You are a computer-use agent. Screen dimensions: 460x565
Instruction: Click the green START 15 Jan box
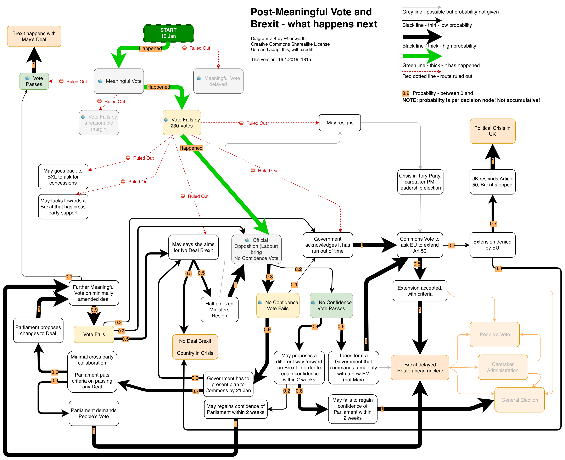(x=168, y=33)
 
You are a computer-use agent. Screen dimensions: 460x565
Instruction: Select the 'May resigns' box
(x=340, y=123)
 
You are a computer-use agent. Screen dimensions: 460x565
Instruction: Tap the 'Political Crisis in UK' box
(x=492, y=131)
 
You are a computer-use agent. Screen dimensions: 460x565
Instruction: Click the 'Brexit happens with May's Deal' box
(x=34, y=36)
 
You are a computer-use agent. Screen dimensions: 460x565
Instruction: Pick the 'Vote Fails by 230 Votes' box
(x=182, y=123)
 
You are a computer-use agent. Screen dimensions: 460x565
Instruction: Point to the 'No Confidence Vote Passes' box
(x=331, y=305)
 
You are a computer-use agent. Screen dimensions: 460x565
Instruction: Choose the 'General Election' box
(x=519, y=400)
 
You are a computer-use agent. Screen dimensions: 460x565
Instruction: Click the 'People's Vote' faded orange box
(x=494, y=334)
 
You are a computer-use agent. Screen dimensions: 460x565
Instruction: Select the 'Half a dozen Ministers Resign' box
(x=219, y=310)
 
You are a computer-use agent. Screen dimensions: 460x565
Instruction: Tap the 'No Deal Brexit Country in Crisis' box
(x=195, y=347)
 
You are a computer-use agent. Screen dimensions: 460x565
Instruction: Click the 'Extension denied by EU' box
(x=492, y=245)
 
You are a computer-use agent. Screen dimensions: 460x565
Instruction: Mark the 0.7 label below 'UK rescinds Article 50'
(x=493, y=224)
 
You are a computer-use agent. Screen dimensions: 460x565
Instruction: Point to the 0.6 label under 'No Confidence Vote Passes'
(x=341, y=327)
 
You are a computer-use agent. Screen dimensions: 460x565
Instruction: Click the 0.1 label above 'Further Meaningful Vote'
(x=69, y=277)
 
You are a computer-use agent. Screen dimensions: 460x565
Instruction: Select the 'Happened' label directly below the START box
(x=150, y=48)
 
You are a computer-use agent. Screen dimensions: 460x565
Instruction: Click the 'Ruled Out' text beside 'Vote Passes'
(x=77, y=82)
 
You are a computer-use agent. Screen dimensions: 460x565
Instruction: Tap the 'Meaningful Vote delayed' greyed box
(x=218, y=81)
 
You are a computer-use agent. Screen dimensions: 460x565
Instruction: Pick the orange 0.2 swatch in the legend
(x=406, y=93)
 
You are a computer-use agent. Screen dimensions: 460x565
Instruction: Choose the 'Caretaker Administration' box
(x=503, y=367)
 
